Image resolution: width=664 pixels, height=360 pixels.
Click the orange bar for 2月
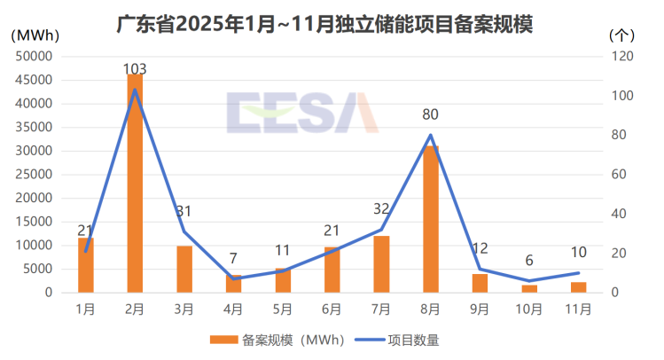click(135, 183)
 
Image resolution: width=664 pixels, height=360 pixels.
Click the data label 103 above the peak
click(135, 69)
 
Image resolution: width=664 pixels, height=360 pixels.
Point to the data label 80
click(431, 114)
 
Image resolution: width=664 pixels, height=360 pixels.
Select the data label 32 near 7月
click(381, 209)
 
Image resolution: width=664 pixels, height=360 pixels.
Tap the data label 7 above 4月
click(233, 258)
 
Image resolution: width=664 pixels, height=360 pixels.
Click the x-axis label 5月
click(283, 309)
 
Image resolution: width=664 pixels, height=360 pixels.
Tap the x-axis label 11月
click(578, 309)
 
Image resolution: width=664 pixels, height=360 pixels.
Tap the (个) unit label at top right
click(622, 35)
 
